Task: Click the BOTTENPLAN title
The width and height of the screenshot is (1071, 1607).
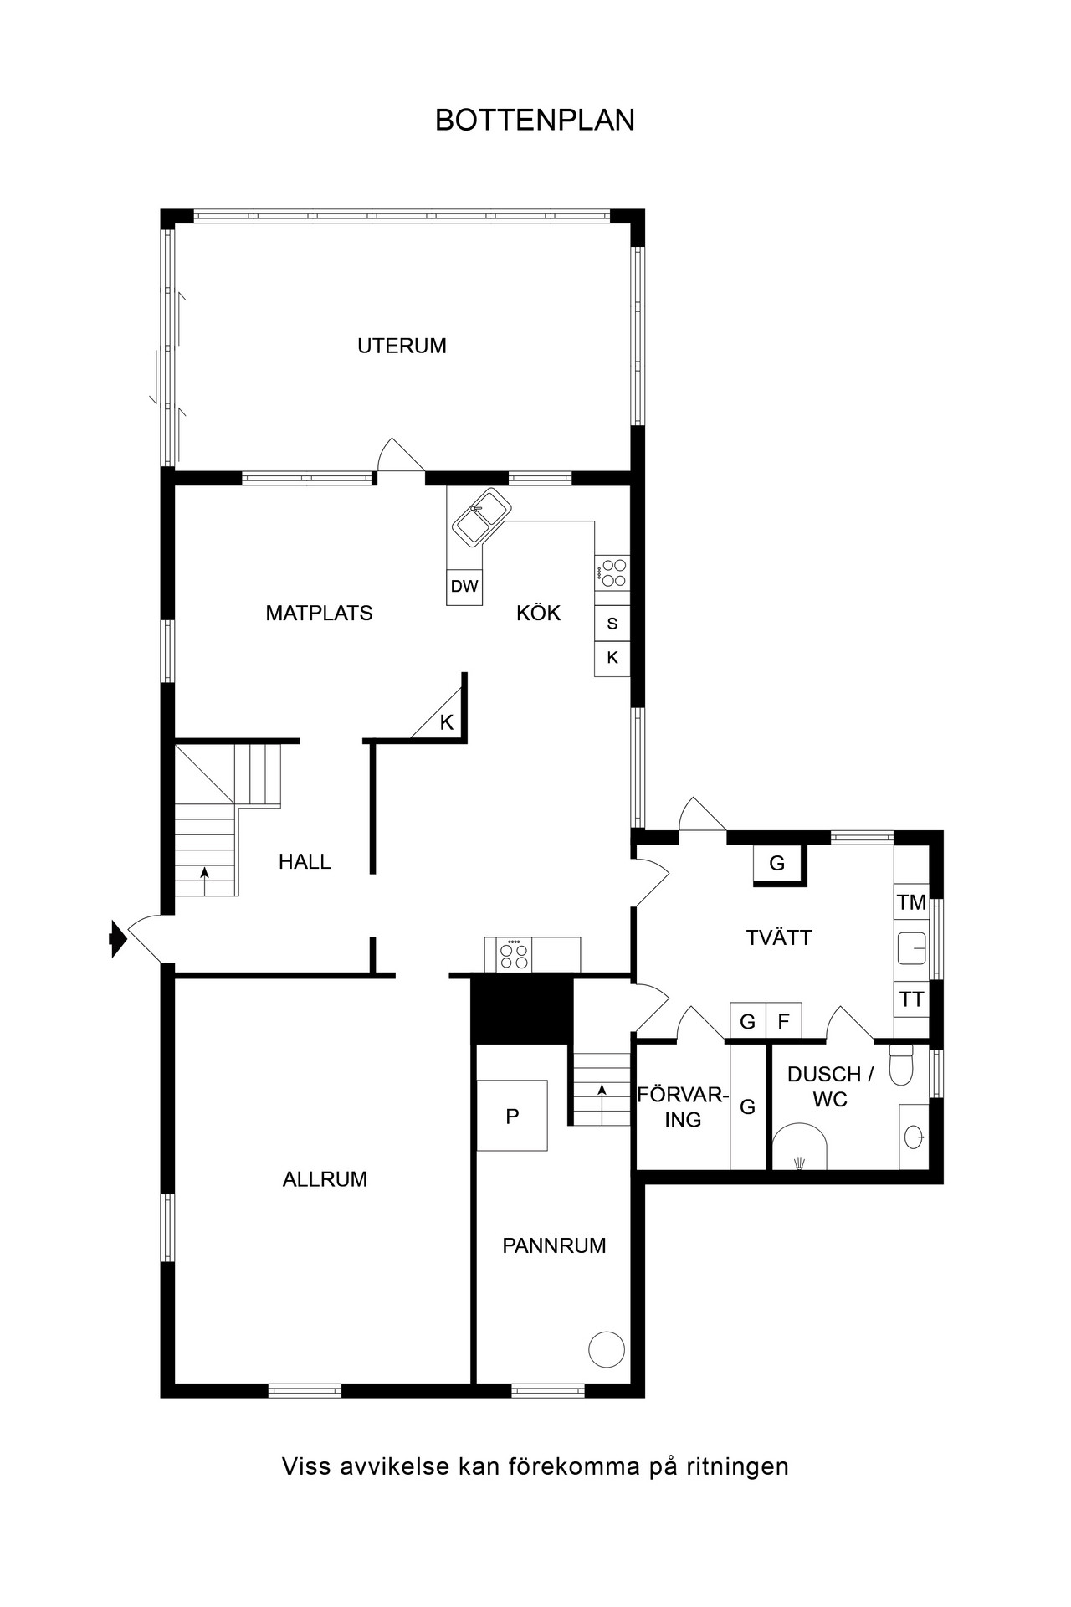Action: coord(535,121)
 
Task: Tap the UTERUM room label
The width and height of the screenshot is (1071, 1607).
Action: coord(402,346)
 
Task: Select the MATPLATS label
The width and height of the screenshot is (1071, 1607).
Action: coord(319,613)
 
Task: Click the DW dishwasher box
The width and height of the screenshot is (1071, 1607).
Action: coord(464,587)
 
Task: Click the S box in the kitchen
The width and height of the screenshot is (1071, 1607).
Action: coord(612,624)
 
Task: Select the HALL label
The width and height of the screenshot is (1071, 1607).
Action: coord(305,861)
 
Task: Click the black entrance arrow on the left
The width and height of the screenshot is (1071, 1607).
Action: coord(117,938)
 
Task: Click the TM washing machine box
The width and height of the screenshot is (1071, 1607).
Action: coord(911,902)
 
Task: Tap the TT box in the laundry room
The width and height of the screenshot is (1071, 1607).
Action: coord(911,999)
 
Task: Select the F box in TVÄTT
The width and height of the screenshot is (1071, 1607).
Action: coord(784,1021)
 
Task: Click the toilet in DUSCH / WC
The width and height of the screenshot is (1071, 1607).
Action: coord(901,1064)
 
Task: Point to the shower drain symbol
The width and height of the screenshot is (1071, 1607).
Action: coord(800,1161)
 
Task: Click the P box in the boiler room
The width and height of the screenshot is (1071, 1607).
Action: coord(512,1116)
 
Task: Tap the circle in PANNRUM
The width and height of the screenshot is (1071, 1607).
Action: coord(607,1349)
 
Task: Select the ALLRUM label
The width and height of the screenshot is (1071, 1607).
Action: coord(325,1179)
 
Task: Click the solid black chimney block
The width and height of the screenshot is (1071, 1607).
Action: coord(522,1009)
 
